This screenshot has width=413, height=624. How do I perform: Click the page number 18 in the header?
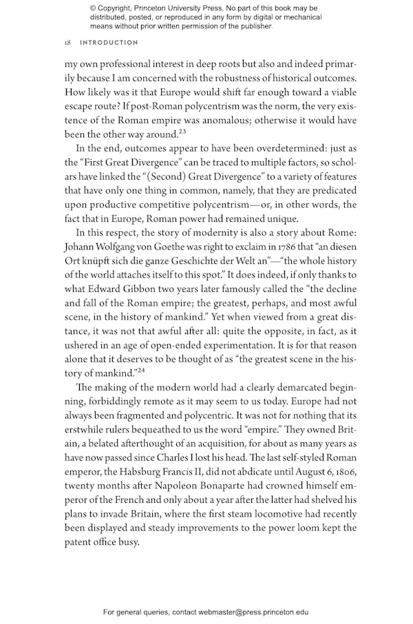click(67, 43)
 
